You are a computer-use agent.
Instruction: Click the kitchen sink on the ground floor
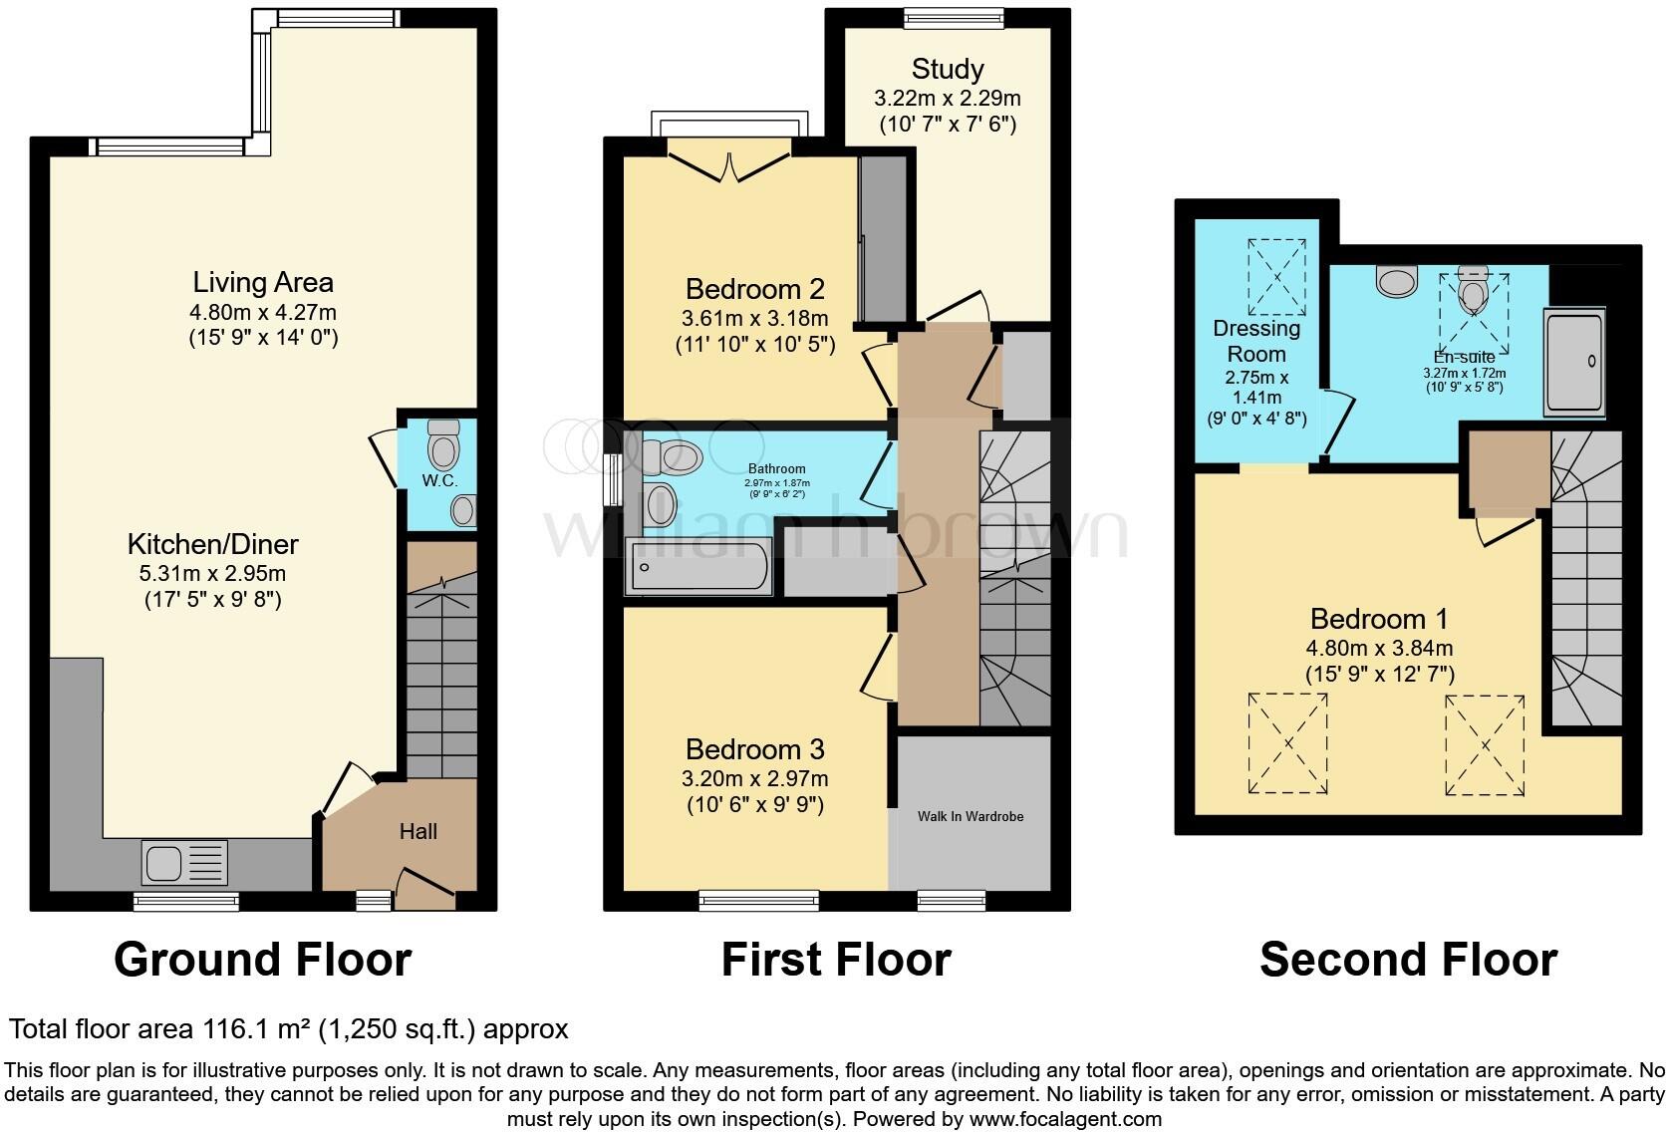(x=185, y=863)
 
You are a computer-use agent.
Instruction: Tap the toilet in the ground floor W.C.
(x=442, y=446)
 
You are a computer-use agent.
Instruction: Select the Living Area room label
(x=263, y=283)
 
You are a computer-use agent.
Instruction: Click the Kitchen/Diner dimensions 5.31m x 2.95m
(x=213, y=574)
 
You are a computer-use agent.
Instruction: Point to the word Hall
(x=418, y=831)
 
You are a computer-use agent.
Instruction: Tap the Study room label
(x=948, y=69)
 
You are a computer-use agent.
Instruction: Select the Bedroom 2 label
(x=754, y=290)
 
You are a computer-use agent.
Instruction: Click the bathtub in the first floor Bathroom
(x=697, y=566)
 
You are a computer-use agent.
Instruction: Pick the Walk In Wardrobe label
(x=971, y=816)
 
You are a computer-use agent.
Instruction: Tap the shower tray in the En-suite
(x=1574, y=362)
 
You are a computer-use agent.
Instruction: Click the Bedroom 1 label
(x=1379, y=620)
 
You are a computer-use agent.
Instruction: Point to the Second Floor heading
(x=1408, y=960)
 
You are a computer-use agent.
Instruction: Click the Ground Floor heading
(x=263, y=960)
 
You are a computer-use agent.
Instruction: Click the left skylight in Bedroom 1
(x=1287, y=743)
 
